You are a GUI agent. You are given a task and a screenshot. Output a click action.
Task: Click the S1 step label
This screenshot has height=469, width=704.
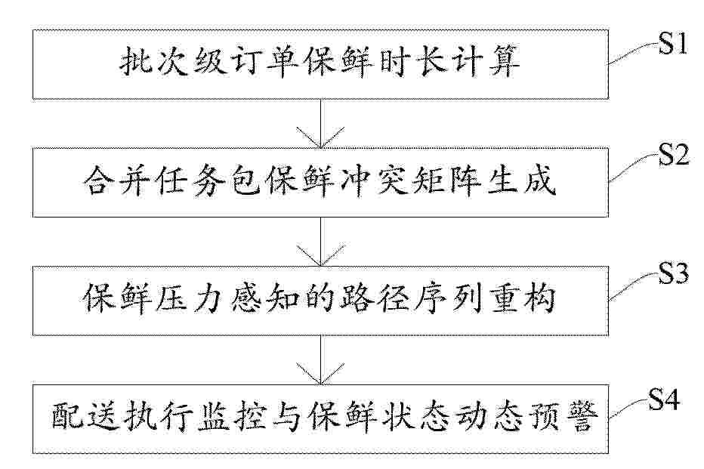[x=672, y=44]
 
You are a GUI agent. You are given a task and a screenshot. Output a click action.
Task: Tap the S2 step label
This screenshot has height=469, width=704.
[x=674, y=155]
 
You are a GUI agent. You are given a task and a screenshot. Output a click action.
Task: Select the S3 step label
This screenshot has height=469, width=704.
[x=674, y=273]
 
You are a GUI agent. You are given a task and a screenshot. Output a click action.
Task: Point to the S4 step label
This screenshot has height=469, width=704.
[x=664, y=399]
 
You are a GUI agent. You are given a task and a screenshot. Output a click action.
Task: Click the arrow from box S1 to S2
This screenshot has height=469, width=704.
[x=320, y=123]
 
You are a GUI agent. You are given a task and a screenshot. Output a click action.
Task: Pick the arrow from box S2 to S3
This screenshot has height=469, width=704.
[x=320, y=242]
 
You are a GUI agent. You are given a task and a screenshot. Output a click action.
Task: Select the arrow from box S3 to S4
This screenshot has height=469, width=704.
[x=320, y=360]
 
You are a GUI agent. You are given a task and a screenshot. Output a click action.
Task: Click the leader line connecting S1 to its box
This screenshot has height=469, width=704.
[x=633, y=54]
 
